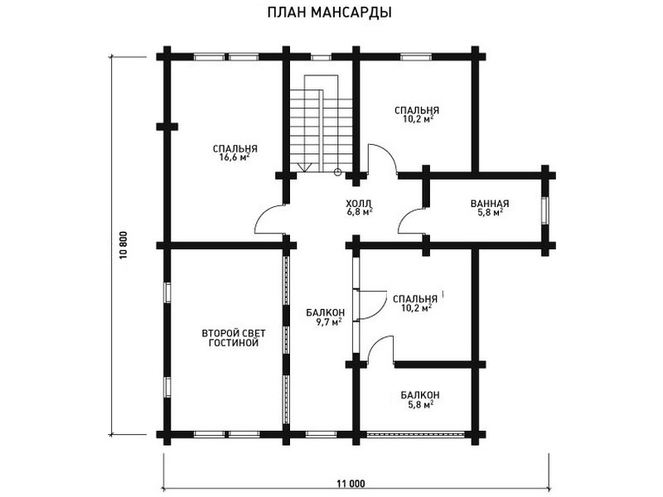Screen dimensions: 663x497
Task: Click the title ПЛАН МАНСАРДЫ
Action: [x=329, y=12]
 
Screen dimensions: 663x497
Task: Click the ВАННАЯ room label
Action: [x=490, y=204]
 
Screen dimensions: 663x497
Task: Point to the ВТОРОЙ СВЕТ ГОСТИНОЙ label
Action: [x=234, y=338]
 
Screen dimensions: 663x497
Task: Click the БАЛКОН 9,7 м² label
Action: [x=325, y=317]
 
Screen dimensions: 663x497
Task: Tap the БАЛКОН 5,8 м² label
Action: [x=420, y=400]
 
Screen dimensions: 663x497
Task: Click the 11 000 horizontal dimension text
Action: [x=351, y=484]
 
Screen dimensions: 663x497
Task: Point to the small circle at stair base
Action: [x=337, y=171]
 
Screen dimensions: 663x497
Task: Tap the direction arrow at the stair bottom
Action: [x=304, y=167]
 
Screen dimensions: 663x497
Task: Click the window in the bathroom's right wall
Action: [x=545, y=210]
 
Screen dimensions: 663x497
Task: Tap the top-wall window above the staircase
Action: [x=321, y=57]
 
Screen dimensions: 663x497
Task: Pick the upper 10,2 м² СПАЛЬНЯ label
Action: [x=417, y=114]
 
